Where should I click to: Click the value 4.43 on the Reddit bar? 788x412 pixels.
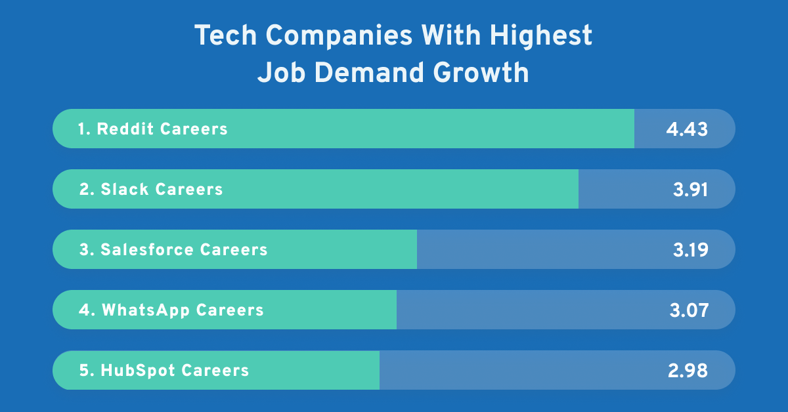[687, 129]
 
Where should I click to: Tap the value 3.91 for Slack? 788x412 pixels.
[690, 189]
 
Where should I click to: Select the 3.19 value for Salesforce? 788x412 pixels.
[690, 249]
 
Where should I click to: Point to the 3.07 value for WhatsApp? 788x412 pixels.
[689, 310]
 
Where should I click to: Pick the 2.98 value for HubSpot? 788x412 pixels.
[688, 370]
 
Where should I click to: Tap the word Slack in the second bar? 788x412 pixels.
[124, 189]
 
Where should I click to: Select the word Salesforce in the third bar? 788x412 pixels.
[147, 249]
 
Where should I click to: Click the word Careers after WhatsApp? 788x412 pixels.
[230, 310]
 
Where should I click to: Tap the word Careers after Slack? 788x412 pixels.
[189, 189]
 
